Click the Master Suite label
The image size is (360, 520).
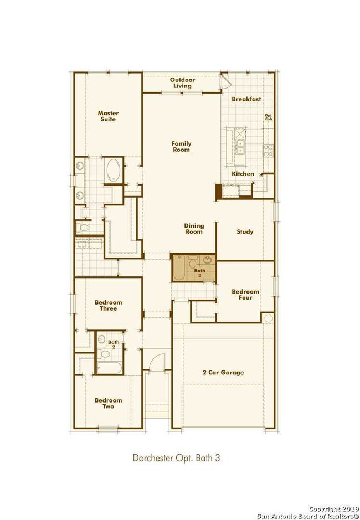tap(109, 116)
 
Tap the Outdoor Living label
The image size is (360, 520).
tap(181, 83)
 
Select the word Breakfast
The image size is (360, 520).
tap(246, 99)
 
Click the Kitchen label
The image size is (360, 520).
tap(243, 174)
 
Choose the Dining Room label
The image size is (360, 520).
tap(194, 229)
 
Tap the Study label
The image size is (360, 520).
tap(245, 232)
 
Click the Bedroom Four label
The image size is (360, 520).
tap(242, 295)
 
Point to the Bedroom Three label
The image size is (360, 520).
tap(108, 305)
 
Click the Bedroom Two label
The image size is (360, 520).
tap(108, 403)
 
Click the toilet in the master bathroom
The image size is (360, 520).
tap(85, 228)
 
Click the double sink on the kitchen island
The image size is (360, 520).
tap(240, 146)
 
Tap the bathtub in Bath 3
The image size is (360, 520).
tap(181, 268)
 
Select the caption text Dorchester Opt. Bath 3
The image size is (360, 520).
tap(177, 458)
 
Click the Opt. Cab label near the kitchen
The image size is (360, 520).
tap(269, 117)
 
